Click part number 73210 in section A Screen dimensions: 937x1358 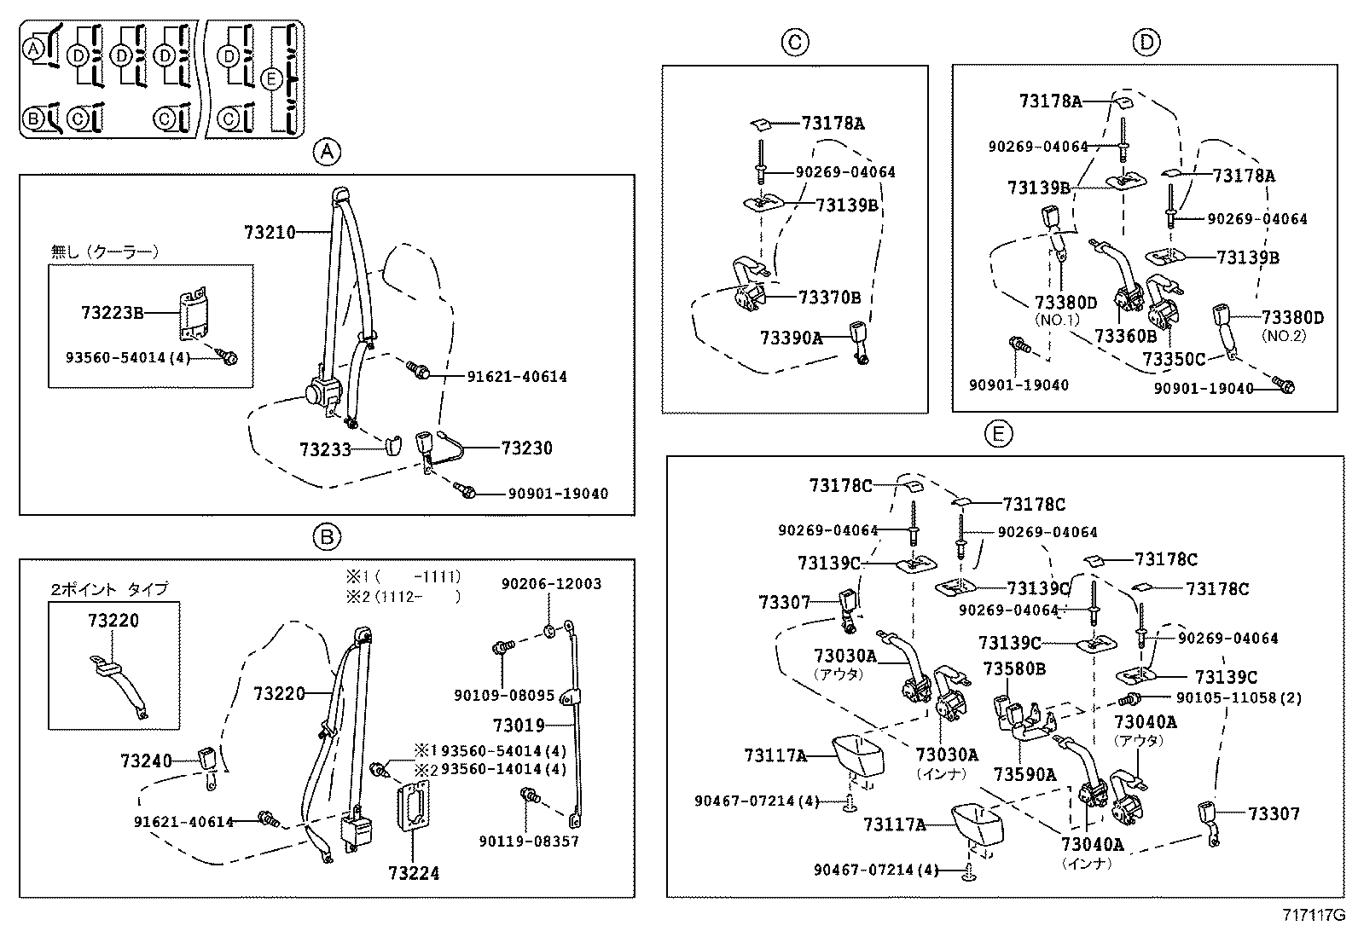pyautogui.click(x=270, y=232)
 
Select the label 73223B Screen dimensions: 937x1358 pyautogui.click(x=113, y=313)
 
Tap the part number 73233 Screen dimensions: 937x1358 pyautogui.click(x=325, y=448)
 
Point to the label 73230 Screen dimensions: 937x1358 pyautogui.click(x=526, y=448)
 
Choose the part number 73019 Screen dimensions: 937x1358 pyautogui.click(x=518, y=726)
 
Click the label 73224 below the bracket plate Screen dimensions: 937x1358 pyautogui.click(x=414, y=873)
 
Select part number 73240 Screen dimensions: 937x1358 pyautogui.click(x=146, y=761)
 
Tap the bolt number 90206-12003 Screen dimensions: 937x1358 pyautogui.click(x=551, y=584)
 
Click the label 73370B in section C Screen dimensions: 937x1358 pyautogui.click(x=829, y=298)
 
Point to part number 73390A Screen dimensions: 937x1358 pyautogui.click(x=791, y=338)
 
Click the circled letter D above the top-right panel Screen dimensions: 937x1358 pyautogui.click(x=1146, y=42)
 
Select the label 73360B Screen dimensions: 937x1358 pyautogui.click(x=1125, y=336)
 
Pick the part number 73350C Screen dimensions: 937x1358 pyautogui.click(x=1174, y=359)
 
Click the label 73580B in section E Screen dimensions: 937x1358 pyautogui.click(x=1014, y=668)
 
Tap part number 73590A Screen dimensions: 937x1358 pyautogui.click(x=1024, y=773)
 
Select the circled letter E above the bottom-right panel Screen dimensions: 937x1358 pyautogui.click(x=998, y=434)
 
